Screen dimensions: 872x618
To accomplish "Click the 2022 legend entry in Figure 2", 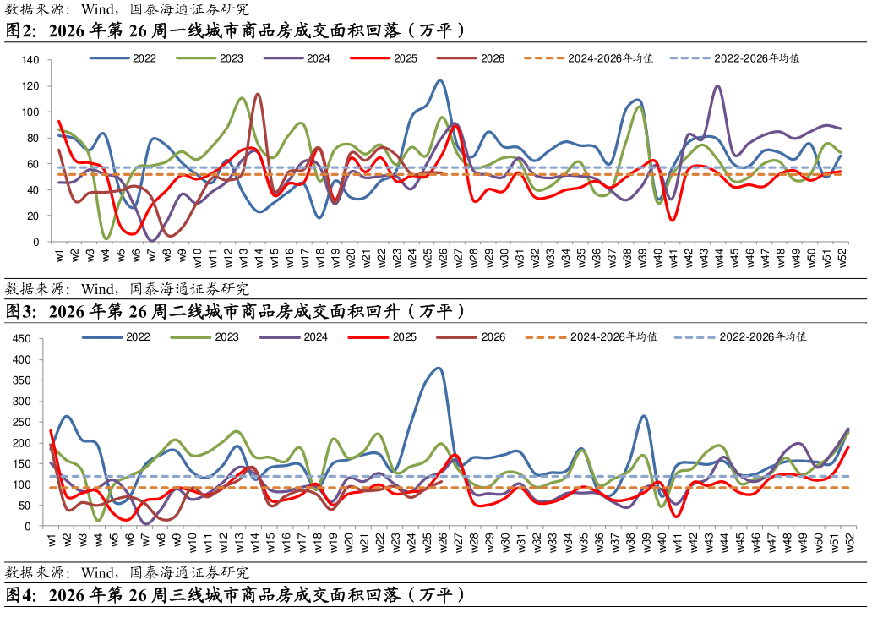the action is [x=123, y=58].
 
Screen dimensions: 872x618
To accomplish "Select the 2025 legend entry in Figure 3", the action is [x=382, y=337].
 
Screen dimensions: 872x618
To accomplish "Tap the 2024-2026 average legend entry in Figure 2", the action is [x=588, y=58].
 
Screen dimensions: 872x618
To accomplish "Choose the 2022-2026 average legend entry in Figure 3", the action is [x=739, y=337].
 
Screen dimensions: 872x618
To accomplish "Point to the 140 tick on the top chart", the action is [x=30, y=60].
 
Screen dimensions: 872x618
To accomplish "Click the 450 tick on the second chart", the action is [x=21, y=339].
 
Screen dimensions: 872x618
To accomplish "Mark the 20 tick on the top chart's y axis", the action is [x=33, y=216].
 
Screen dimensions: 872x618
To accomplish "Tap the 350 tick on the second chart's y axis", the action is [x=21, y=380].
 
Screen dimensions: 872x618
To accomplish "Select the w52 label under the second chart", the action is [x=850, y=542].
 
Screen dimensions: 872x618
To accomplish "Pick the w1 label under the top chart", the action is [x=59, y=255].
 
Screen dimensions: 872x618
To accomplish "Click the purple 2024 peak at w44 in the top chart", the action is [x=717, y=85].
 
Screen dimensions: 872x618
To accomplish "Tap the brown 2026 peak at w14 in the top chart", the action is [x=257, y=94].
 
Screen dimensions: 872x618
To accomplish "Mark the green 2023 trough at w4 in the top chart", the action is [x=106, y=238].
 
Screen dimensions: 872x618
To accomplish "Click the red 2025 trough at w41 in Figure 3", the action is [x=676, y=517].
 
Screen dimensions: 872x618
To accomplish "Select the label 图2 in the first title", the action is [x=19, y=30].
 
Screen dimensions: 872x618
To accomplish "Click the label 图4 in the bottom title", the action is [x=19, y=595].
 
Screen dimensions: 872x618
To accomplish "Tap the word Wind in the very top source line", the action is [x=97, y=9].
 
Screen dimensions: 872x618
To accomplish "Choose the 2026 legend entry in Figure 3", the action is [x=471, y=337].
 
